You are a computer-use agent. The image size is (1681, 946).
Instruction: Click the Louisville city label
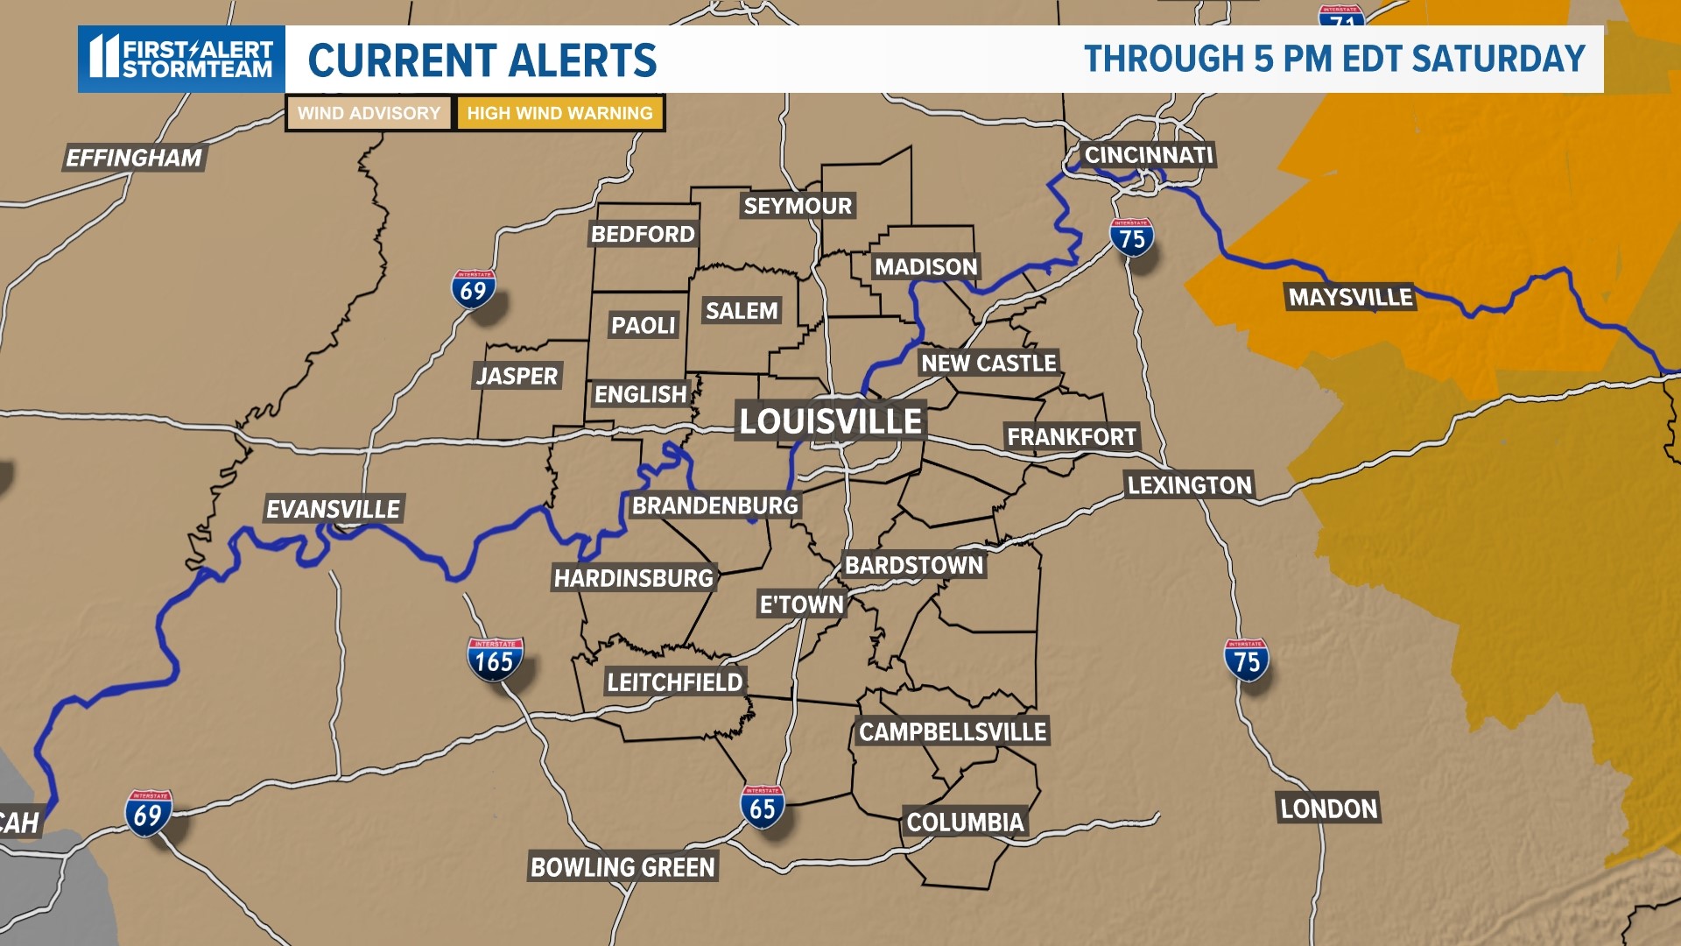pos(830,421)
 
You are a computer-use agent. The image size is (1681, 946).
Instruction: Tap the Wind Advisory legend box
pos(369,113)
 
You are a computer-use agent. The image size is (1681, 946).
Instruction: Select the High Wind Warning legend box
pos(559,113)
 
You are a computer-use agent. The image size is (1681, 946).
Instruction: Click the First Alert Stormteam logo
pos(181,59)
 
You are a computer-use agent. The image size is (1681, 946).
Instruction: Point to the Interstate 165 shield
pos(495,660)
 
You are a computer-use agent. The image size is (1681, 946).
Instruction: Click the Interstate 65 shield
pos(762,807)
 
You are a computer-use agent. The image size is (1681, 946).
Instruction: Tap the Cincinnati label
pos(1148,155)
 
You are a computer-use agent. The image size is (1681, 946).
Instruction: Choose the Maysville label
pos(1350,298)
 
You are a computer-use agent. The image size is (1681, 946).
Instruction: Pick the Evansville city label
pos(333,509)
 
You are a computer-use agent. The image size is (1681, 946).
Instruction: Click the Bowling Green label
pos(622,867)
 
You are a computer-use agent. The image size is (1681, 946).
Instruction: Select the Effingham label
pos(134,158)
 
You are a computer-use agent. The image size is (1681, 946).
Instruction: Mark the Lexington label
pos(1189,485)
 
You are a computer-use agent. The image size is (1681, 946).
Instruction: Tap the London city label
pos(1328,808)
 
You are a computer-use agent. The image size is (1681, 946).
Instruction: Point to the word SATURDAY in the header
pos(1498,59)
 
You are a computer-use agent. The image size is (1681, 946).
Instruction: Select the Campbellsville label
pos(953,731)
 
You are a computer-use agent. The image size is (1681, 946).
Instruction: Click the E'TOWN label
pos(801,604)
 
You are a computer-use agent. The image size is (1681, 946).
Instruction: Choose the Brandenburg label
pos(714,505)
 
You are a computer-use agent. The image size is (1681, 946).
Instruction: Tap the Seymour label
pos(797,206)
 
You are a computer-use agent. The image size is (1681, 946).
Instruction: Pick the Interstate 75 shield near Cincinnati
pos(1131,237)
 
